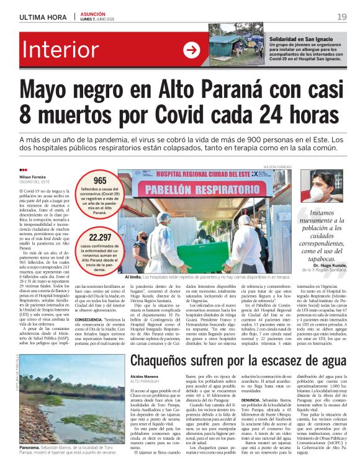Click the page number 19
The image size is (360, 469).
[342, 17]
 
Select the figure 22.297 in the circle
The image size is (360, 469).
[100, 237]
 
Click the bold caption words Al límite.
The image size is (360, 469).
[133, 277]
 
